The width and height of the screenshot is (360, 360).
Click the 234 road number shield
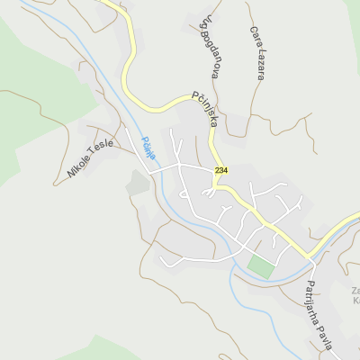[x=221, y=171]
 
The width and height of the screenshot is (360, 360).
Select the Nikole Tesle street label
[x=90, y=159]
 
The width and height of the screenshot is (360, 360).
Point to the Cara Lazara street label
[x=256, y=52]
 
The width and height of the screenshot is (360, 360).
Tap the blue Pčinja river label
[x=148, y=148]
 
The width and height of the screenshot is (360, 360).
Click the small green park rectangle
[x=260, y=266]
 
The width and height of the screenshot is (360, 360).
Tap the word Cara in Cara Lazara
[x=254, y=35]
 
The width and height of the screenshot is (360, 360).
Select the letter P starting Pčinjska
[x=195, y=95]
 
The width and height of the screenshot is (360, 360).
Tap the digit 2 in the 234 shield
[x=217, y=171]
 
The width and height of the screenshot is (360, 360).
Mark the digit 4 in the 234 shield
[x=226, y=171]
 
